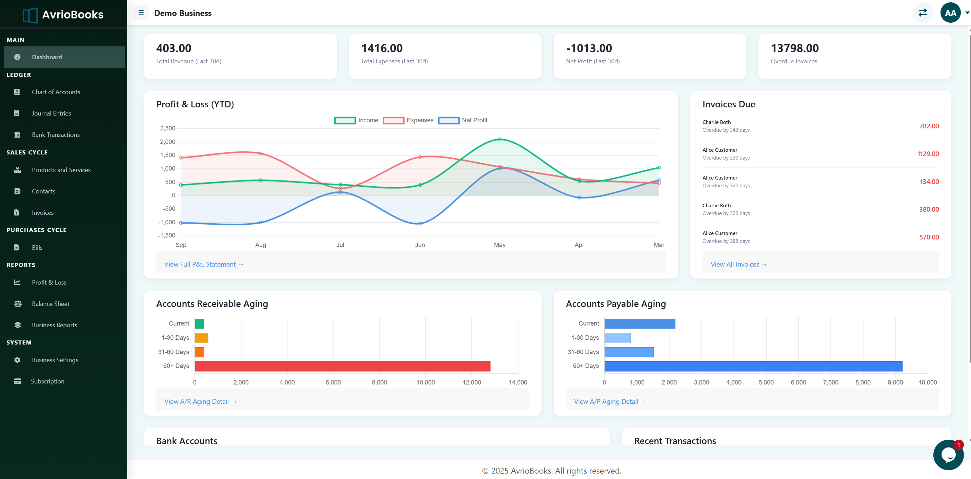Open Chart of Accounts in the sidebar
[x=56, y=92]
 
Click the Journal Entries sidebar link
[x=51, y=113]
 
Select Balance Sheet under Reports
[x=50, y=304]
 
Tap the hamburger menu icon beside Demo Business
[x=141, y=13]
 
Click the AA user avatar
[x=950, y=13]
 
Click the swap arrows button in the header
[x=923, y=13]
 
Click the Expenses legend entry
[x=408, y=120]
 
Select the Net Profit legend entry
[x=463, y=120]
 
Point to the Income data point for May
[x=500, y=140]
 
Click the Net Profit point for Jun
[x=420, y=224]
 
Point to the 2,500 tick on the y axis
[x=167, y=128]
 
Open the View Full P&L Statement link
[x=204, y=265]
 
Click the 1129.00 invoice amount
[x=928, y=154]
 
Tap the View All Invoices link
[x=738, y=265]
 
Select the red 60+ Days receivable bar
[x=342, y=366]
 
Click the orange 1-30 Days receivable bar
[x=201, y=338]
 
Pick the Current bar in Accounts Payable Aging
[x=640, y=324]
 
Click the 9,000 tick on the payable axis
[x=895, y=382]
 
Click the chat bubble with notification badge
[x=948, y=455]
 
